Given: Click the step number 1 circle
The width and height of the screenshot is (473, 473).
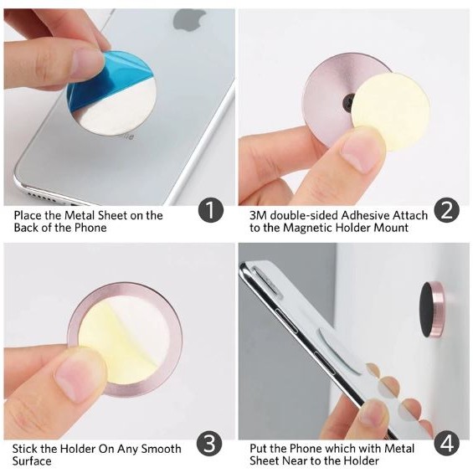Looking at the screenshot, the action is point(211,210).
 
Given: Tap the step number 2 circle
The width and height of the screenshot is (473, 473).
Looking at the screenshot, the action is point(447,210).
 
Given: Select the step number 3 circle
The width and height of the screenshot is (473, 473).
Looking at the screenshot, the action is point(209,444).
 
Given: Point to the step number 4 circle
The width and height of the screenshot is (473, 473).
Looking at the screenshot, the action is point(447,444).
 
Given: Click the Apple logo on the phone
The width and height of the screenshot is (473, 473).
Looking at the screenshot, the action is point(188,20).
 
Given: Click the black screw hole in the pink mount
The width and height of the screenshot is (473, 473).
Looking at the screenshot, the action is point(349,102).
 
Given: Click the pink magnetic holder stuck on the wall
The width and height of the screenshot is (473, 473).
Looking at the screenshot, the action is point(432,314).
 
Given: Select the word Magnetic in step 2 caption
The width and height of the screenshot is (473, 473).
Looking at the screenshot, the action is point(308,228).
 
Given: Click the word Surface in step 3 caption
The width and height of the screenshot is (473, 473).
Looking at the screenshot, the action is point(32,461).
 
